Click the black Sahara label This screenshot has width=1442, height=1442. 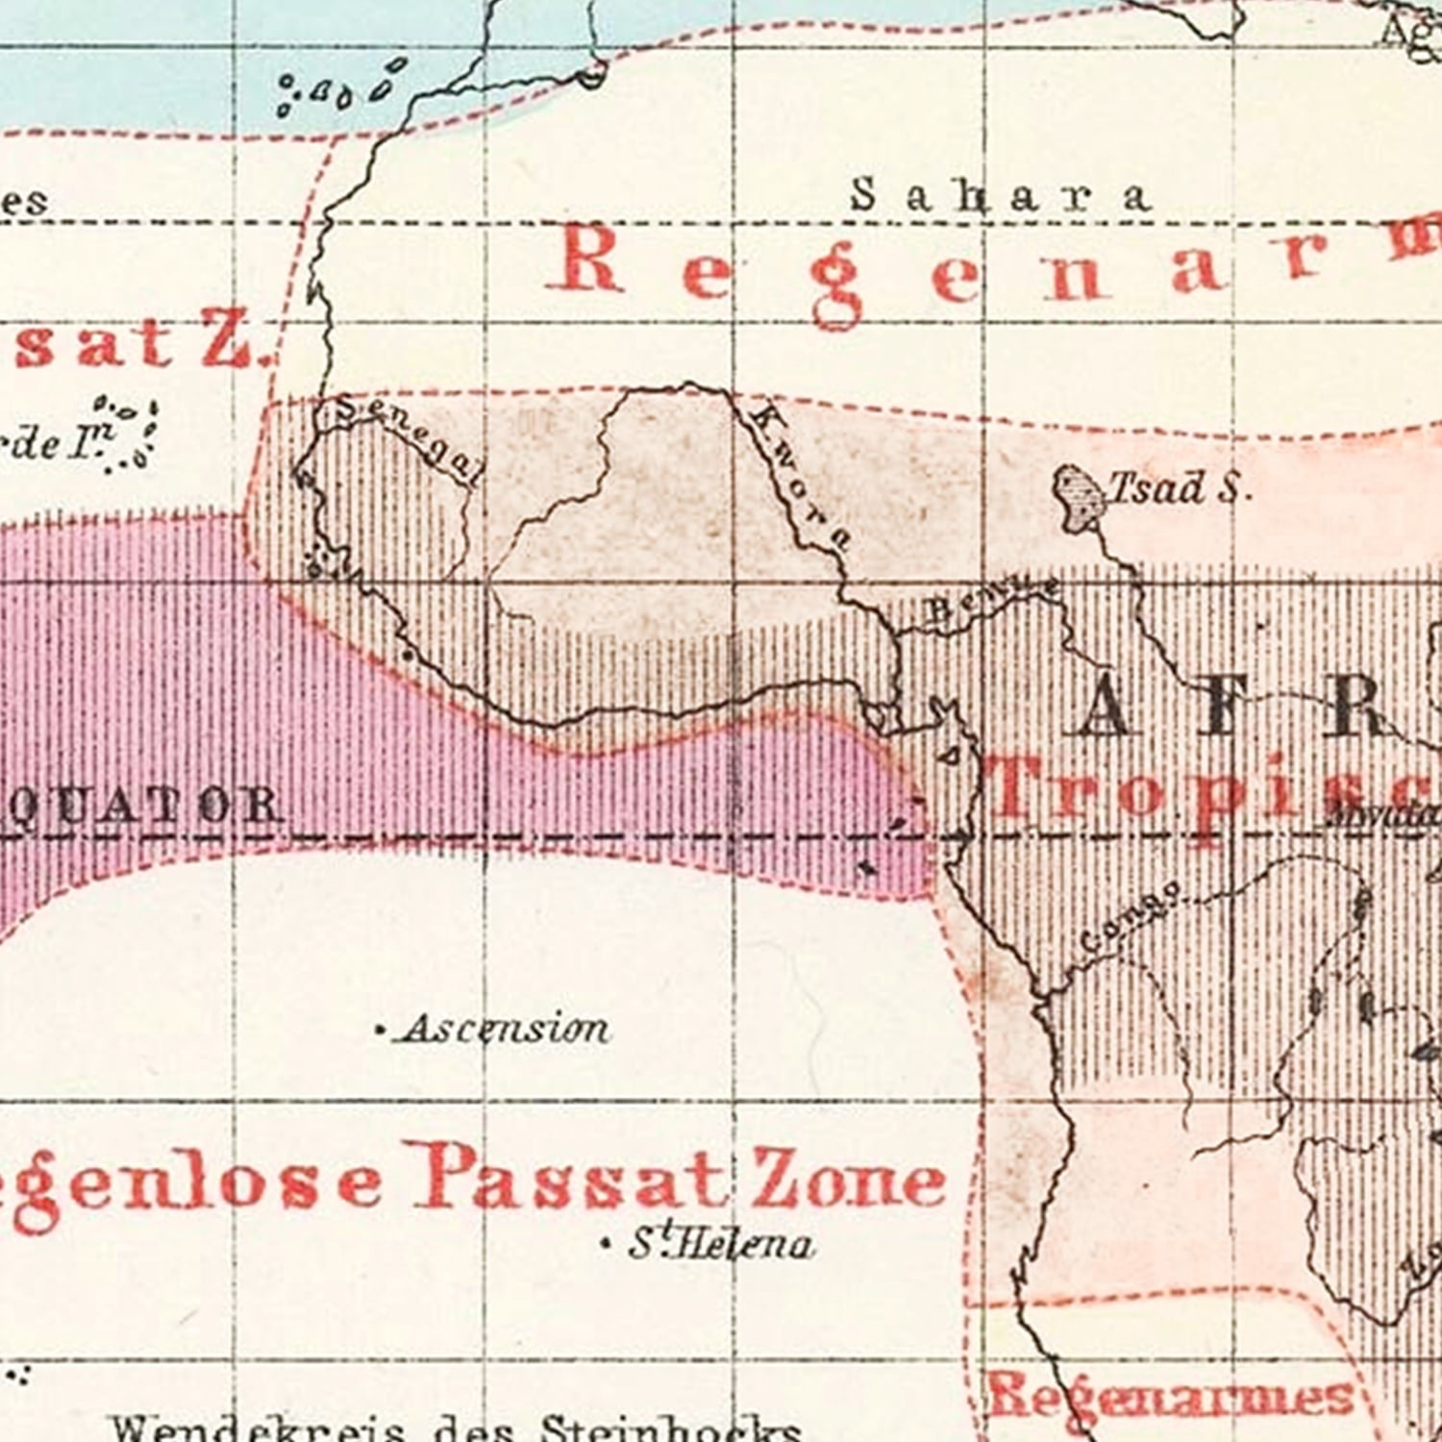click(x=1000, y=196)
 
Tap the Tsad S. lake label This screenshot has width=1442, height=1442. click(x=1181, y=488)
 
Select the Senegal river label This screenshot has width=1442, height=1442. click(x=409, y=438)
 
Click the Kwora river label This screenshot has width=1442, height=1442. click(x=800, y=477)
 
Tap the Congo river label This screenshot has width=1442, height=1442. click(x=1131, y=917)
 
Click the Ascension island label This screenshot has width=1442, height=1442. click(x=505, y=1030)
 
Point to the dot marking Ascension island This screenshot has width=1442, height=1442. click(x=381, y=1032)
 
